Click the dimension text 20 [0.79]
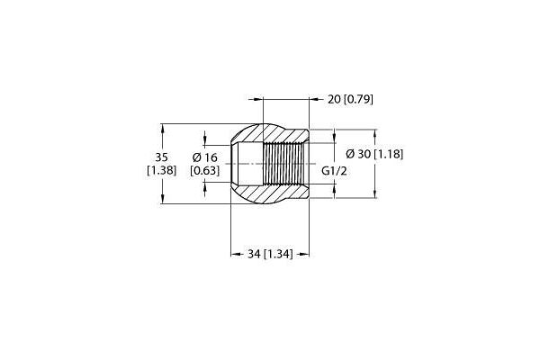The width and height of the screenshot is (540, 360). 350,100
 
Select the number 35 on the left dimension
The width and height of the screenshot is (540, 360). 161,157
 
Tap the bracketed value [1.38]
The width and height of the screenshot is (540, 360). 161,170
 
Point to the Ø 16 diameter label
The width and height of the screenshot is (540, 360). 205,157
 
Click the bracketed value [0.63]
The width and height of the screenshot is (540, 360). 205,170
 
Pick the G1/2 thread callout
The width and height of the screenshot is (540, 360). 334,171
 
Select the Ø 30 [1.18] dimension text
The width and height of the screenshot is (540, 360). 374,154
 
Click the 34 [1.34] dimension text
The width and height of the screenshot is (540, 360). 270,254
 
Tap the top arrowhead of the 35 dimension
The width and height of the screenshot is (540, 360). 163,129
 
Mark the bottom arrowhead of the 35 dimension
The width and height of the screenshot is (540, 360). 163,198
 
